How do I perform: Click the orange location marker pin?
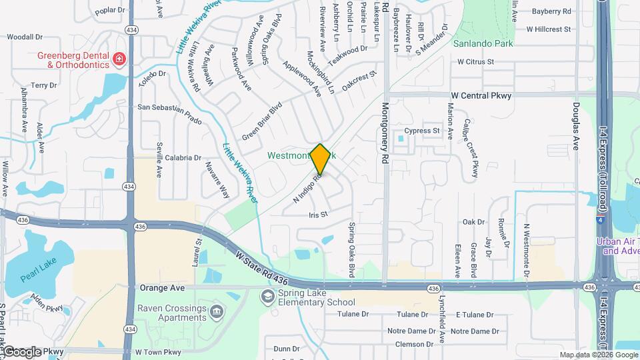(321, 159)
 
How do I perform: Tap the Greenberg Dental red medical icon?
(119, 59)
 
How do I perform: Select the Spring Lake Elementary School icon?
(267, 296)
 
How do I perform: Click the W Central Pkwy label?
(481, 96)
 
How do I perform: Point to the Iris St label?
(319, 215)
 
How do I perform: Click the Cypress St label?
(422, 131)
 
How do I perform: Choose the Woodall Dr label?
(25, 37)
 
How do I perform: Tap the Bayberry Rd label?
(552, 11)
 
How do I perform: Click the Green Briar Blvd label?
(262, 121)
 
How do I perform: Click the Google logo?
(21, 351)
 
